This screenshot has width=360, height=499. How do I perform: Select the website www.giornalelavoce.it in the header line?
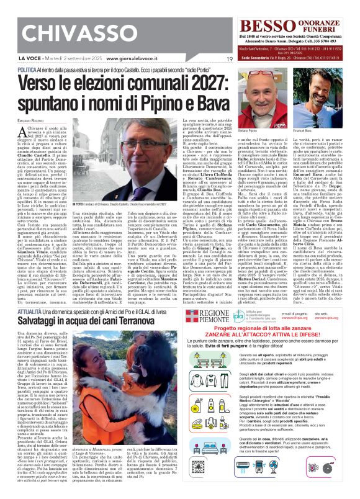pos(130,58)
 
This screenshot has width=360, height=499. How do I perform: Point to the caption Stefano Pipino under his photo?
pos(256,132)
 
